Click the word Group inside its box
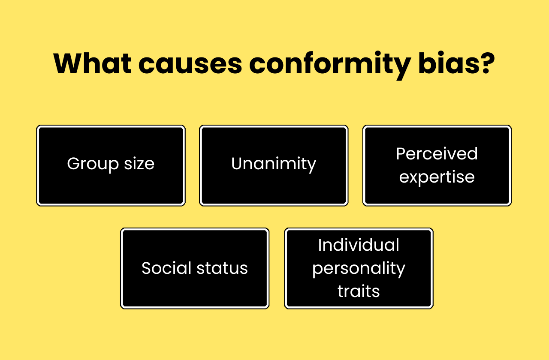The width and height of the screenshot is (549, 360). (x=93, y=164)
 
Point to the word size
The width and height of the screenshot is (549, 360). (x=139, y=164)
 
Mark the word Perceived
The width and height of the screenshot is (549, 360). (x=437, y=153)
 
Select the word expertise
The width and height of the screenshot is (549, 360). (x=437, y=177)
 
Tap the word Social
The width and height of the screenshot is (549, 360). (x=166, y=268)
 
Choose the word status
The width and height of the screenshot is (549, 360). (x=222, y=268)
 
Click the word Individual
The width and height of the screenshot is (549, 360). (x=359, y=245)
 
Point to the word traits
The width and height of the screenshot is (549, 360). (x=359, y=291)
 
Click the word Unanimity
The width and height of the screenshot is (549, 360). (x=274, y=164)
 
